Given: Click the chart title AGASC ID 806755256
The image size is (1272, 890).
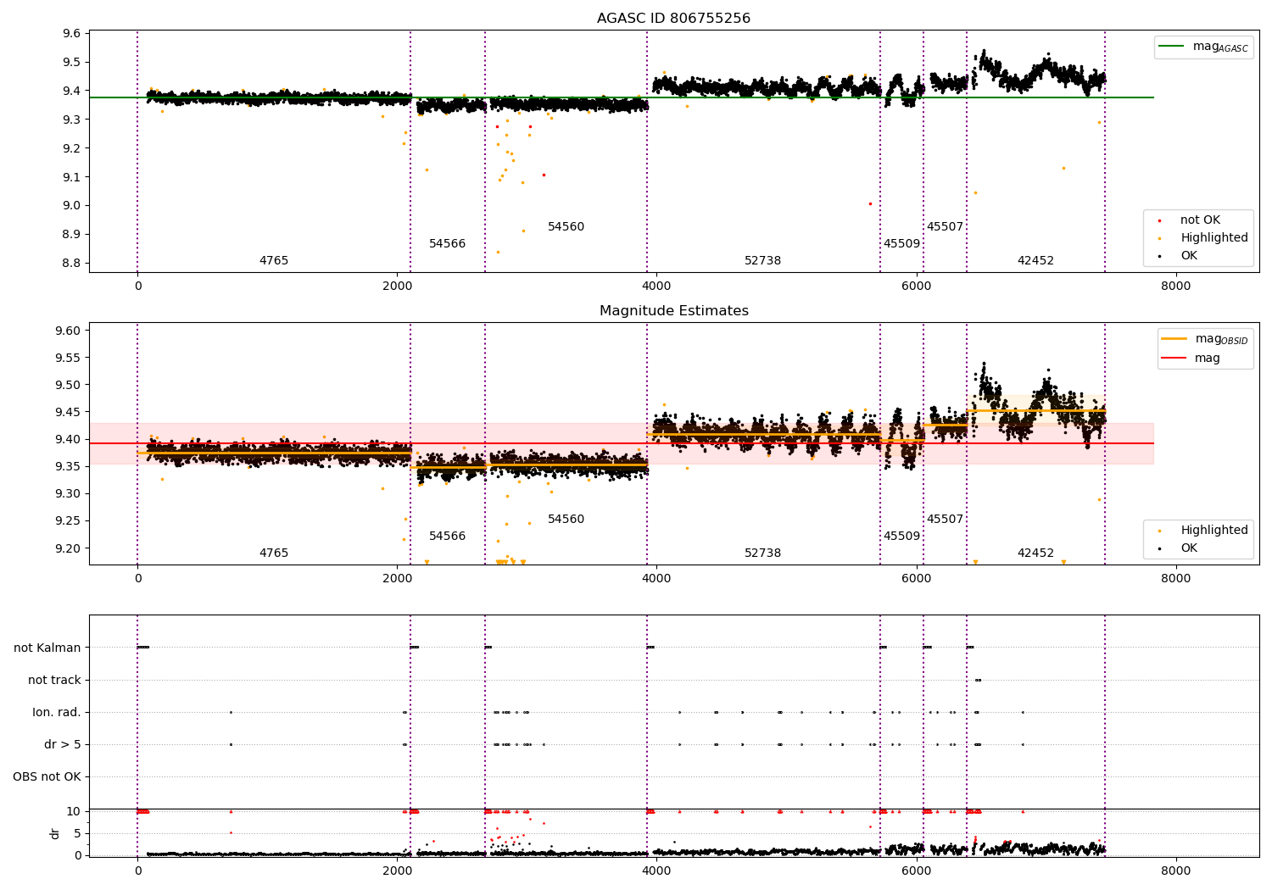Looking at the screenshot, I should (673, 19).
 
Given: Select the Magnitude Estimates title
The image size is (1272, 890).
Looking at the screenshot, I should (673, 311).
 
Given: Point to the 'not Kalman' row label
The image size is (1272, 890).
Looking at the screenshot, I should (47, 648).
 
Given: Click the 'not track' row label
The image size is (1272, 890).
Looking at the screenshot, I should (54, 680).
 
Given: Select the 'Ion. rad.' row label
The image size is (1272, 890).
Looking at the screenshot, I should (57, 712).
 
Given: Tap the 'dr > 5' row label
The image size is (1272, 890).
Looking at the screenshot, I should (63, 744).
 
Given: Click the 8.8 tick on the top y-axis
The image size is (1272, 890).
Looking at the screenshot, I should (72, 263).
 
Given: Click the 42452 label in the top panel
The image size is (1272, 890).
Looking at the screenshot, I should (1035, 261).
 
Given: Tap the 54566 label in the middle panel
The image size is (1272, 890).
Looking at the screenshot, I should (447, 537).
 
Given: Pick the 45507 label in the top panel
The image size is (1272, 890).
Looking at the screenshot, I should (945, 227).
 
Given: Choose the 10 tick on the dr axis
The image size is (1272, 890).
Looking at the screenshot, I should (74, 811).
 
